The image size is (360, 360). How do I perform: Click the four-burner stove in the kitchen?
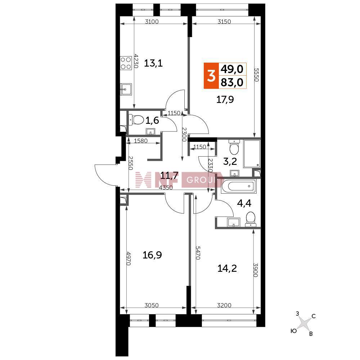pos(126,63)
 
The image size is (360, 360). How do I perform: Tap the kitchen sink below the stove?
pos(126,89)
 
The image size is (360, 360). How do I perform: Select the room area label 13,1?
pos(153,63)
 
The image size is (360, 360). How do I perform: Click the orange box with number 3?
pos(211,76)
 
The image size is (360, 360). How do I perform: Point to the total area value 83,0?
pos(231,82)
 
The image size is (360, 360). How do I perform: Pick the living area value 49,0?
pos(231,69)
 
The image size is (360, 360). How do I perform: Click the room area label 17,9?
pos(225,99)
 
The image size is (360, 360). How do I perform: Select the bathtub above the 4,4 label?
pos(238,186)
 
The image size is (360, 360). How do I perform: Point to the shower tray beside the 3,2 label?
pos(252,153)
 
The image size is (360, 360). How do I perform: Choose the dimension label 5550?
pos(256,75)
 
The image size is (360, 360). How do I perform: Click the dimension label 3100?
pos(152,22)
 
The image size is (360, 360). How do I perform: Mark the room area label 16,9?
pos(152,255)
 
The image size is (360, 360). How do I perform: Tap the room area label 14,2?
pos(227,268)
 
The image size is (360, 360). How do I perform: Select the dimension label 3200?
pos(224,305)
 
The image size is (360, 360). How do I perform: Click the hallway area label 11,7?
pos(169,176)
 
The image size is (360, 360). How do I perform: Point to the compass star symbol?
pos(305,324)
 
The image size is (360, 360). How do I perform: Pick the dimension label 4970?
pos(129,258)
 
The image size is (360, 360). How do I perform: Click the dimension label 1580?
pos(140,140)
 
